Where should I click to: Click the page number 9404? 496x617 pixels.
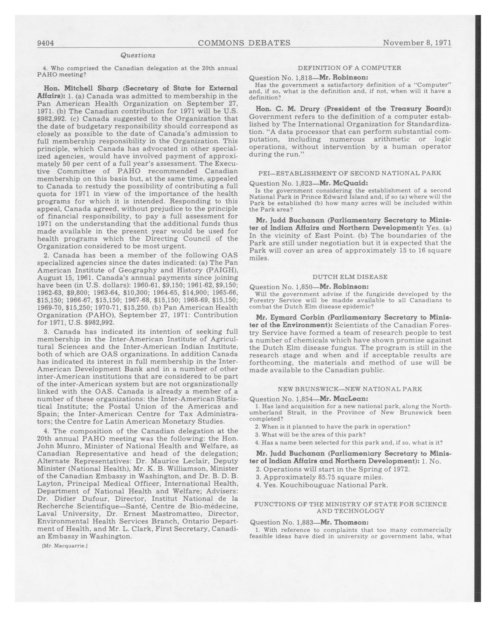coord(45,43)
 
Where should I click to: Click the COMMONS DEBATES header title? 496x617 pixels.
coord(244,43)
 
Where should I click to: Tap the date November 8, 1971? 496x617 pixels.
coord(417,43)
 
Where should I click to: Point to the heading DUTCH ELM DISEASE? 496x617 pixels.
coord(350,277)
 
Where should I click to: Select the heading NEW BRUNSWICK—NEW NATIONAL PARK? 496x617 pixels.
coord(350,389)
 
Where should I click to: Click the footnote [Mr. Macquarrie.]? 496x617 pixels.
coord(65,546)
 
